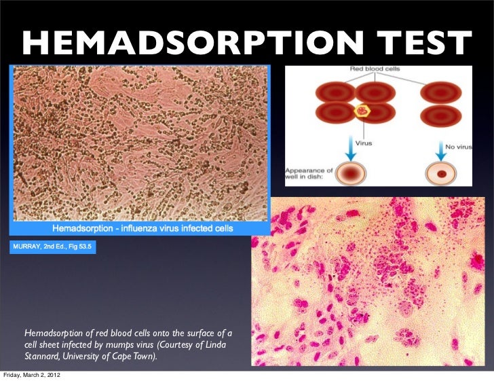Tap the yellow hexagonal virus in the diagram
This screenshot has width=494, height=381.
(x=362, y=110)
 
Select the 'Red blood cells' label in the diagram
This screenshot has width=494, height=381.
(x=366, y=71)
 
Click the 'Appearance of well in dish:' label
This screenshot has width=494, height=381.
(x=308, y=175)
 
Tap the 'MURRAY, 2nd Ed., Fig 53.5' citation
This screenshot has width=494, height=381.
(x=53, y=245)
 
